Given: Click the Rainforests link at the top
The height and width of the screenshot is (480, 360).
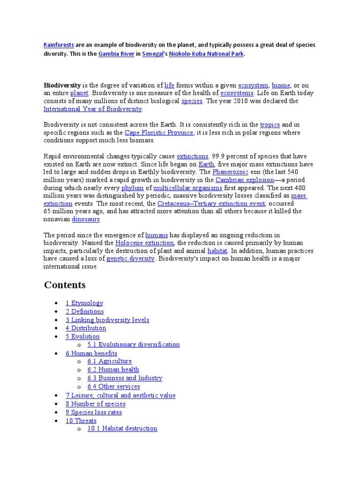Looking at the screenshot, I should click(59, 45).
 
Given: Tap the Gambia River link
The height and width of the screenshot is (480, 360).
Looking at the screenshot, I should click(116, 54).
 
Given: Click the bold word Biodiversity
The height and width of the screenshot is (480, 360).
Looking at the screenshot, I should click(62, 85).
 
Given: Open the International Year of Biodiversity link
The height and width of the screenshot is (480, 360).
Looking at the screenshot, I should click(93, 109).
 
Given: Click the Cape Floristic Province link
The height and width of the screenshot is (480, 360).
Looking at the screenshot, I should click(159, 133).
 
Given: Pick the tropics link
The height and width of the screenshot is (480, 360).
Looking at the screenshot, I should click(270, 125).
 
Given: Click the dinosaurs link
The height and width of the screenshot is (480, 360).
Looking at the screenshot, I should click(86, 219).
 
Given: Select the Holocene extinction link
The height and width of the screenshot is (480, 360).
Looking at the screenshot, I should click(145, 243).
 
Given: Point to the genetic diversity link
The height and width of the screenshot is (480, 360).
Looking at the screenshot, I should click(130, 259).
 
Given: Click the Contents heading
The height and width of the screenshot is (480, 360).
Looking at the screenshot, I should click(65, 285).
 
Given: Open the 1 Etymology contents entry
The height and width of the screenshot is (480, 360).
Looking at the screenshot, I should click(84, 303).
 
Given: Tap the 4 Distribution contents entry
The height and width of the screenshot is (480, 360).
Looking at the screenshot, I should click(86, 328).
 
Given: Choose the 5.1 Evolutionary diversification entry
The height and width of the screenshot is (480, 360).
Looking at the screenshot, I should click(134, 345).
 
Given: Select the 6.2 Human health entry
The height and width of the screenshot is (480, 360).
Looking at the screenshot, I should click(113, 369).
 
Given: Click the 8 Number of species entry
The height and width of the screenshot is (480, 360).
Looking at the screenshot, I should click(96, 404).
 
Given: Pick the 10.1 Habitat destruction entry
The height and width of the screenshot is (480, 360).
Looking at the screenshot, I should click(122, 428).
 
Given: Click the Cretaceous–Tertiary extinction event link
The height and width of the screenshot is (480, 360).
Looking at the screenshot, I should click(211, 203).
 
